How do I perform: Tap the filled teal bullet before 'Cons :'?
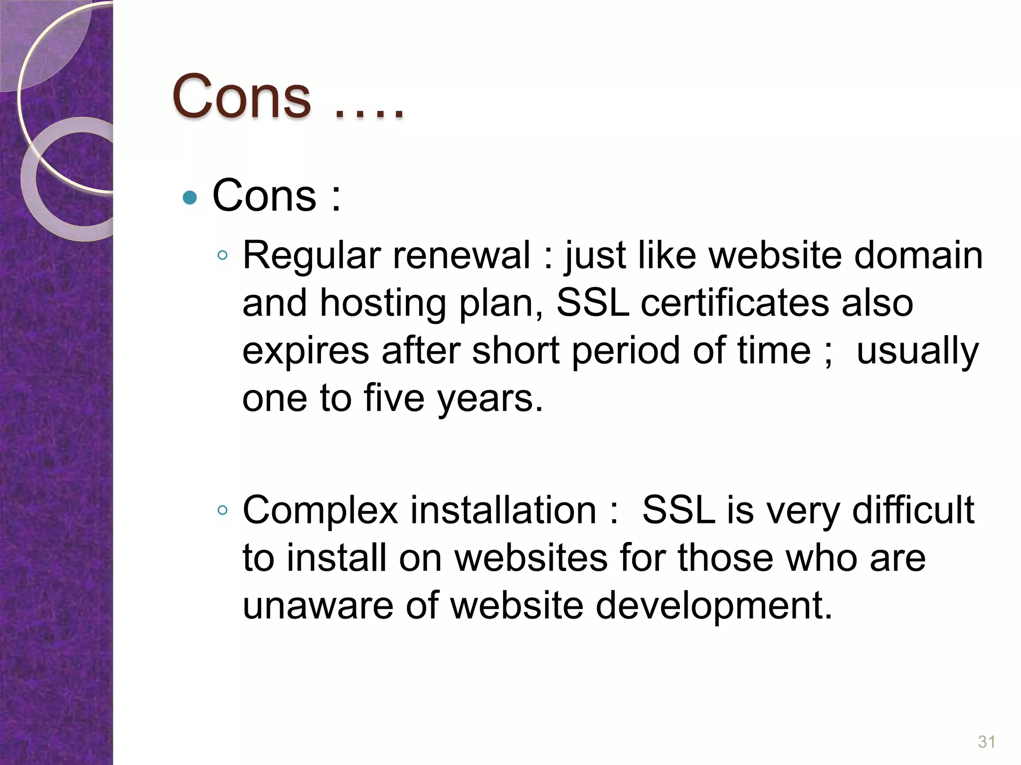(190, 198)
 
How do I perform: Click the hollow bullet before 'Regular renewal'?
(222, 256)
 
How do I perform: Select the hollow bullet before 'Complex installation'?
(222, 510)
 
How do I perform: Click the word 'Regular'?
(312, 255)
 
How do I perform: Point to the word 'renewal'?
(462, 255)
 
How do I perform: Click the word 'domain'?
(918, 255)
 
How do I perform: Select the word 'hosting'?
(383, 304)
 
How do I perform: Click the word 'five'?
(394, 398)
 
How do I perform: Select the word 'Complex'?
(320, 511)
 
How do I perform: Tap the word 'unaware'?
(318, 606)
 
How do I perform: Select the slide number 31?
(987, 742)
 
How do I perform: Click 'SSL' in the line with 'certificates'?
(593, 303)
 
